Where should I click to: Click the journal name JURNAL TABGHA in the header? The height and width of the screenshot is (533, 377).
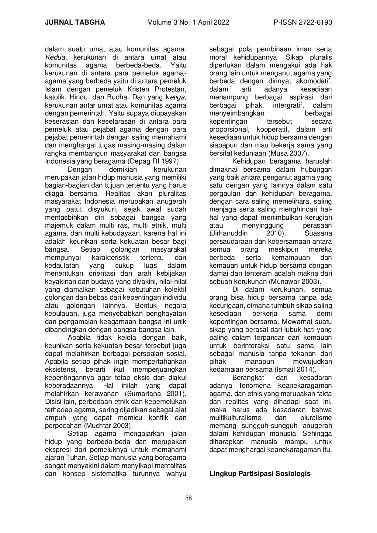coord(75,22)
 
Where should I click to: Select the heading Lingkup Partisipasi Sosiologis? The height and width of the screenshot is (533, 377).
coord(260,473)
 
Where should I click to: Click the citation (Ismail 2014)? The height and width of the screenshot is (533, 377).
coord(296,370)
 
